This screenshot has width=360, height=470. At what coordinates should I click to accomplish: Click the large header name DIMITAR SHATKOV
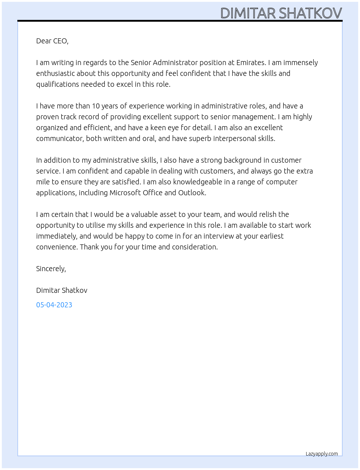[281, 13]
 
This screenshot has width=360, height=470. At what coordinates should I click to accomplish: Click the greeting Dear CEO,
[52, 41]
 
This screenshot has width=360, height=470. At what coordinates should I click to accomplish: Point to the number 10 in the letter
[95, 106]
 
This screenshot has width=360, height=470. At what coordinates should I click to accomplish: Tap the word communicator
[60, 138]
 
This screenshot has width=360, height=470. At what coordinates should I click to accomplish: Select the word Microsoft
[125, 193]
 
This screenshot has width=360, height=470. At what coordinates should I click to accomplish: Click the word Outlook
[192, 193]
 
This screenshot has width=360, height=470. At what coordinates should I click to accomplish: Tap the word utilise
[95, 225]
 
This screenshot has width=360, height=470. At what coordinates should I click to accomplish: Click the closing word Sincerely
[51, 269]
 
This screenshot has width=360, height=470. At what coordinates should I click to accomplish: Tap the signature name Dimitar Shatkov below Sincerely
[62, 290]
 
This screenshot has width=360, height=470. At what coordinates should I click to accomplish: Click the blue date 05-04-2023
[54, 305]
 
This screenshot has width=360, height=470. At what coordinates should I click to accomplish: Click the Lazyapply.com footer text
[322, 454]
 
